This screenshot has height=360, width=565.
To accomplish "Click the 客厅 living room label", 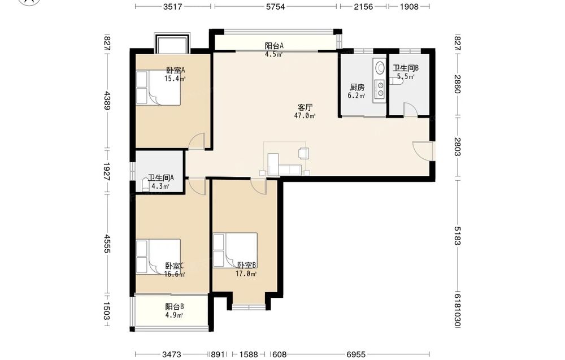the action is pyautogui.click(x=305, y=107).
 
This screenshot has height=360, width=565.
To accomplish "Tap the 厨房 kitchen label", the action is pyautogui.click(x=357, y=87).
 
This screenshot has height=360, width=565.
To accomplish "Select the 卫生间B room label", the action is pyautogui.click(x=405, y=68).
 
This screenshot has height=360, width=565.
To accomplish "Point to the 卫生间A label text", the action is pyautogui.click(x=161, y=178).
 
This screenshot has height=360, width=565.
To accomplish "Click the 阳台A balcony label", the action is pyautogui.click(x=274, y=46).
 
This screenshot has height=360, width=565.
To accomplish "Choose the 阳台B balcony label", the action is pyautogui.click(x=175, y=307).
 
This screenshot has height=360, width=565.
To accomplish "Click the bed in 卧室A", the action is pyautogui.click(x=158, y=88).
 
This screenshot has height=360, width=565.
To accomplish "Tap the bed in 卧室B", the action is pyautogui.click(x=235, y=250).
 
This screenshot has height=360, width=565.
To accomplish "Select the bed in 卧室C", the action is pyautogui.click(x=158, y=257).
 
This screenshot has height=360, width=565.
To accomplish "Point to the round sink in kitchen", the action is pyautogui.click(x=380, y=67).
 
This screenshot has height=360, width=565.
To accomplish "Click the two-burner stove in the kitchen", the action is pyautogui.click(x=380, y=89).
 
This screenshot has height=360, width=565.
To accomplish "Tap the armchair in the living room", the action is pyautogui.click(x=304, y=153).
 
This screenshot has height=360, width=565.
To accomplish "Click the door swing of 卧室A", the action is pyautogui.click(x=197, y=141).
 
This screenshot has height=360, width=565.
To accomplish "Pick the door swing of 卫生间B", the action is pyautogui.click(x=410, y=110).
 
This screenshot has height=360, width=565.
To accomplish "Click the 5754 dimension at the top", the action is pyautogui.click(x=275, y=6).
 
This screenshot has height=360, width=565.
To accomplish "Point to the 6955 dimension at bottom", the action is pyautogui.click(x=355, y=354).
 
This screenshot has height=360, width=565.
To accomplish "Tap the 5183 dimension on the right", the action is pyautogui.click(x=457, y=236).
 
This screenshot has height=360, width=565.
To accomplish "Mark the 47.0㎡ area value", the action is pyautogui.click(x=305, y=116).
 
